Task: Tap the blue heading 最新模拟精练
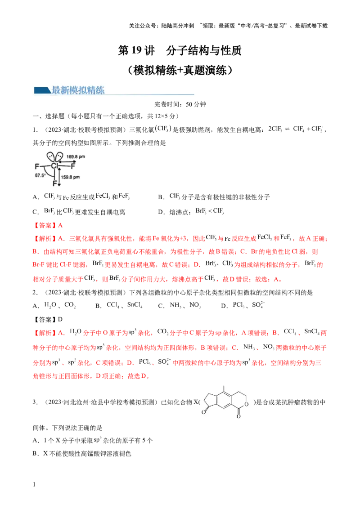tap(78, 90)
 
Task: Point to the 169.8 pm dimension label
tap(76, 157)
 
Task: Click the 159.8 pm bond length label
tap(70, 177)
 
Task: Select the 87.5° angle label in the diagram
tap(40, 175)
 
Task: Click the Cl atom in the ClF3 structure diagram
tap(54, 166)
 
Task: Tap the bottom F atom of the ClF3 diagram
tap(54, 183)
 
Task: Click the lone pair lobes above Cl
tap(54, 157)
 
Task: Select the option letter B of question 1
tap(160, 197)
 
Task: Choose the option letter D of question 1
tap(160, 212)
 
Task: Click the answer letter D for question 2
tap(60, 319)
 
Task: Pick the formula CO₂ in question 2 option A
tap(70, 305)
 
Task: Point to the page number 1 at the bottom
tap(34, 484)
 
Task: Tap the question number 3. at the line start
tap(35, 402)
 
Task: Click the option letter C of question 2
tap(161, 306)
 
